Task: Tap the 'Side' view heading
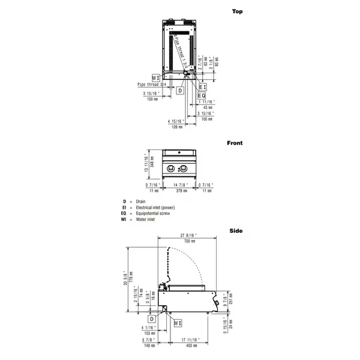pos(236,230)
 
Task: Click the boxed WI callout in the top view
pos(156,78)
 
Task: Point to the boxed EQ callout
pos(202,95)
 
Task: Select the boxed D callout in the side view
pos(152,318)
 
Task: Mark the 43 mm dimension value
pos(208,107)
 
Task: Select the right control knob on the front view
pos(184,168)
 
